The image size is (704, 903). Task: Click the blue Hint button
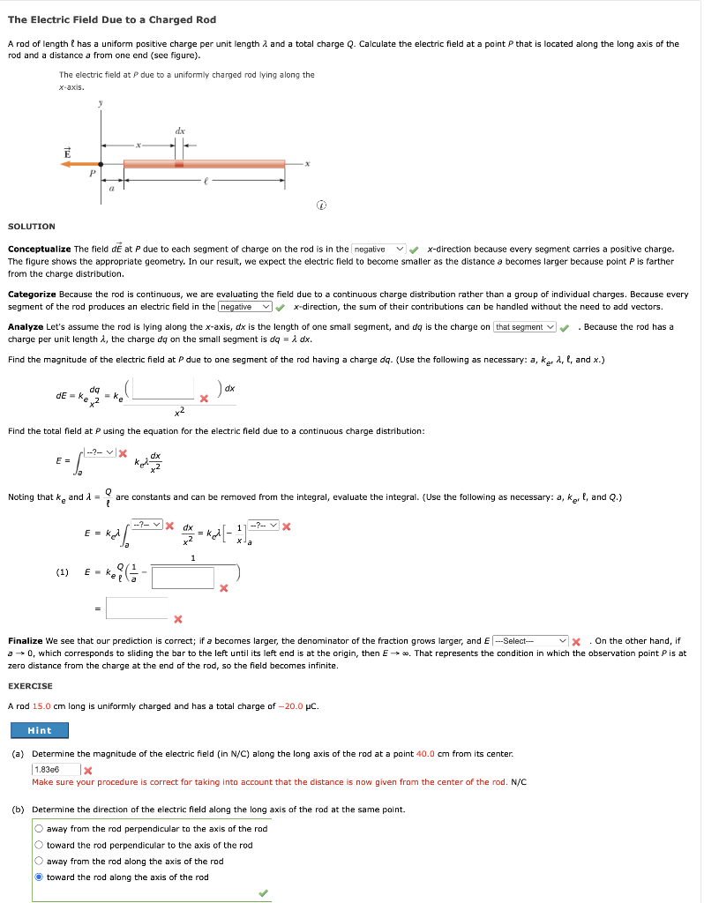tap(39, 730)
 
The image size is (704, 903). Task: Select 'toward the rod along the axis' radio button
tap(41, 877)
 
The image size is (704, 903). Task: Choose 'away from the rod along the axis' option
tap(41, 862)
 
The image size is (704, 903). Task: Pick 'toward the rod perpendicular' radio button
tap(41, 845)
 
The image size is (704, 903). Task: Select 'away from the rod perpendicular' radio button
tap(41, 829)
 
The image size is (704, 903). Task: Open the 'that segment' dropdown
tap(526, 327)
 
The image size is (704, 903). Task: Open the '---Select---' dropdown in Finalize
tap(529, 640)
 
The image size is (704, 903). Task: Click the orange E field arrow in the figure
tap(79, 163)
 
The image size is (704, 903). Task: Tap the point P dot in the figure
tap(101, 163)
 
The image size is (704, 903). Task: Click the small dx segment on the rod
tap(179, 163)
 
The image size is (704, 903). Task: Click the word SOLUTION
tap(31, 227)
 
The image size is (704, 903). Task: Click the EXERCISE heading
tap(30, 685)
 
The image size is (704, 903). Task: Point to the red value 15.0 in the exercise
tap(41, 706)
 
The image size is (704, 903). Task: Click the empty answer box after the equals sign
tap(137, 608)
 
